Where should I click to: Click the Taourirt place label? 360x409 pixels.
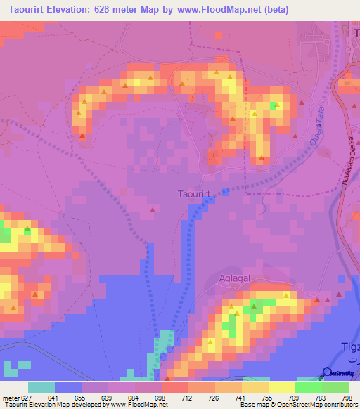tap(191, 192)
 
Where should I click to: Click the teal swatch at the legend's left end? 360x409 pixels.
tap(41, 387)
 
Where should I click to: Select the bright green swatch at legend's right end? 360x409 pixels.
tap(335, 387)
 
